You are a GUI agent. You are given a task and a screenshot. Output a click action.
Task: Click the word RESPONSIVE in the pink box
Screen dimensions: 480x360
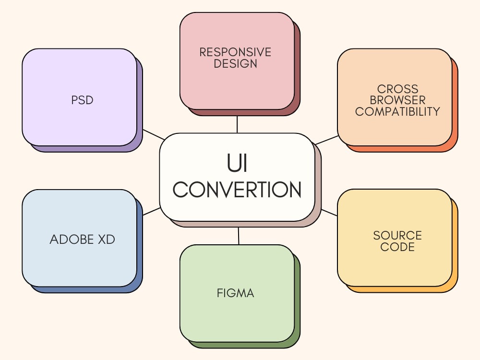[235, 52]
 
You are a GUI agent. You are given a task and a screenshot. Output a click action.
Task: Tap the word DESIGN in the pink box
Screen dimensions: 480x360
[235, 64]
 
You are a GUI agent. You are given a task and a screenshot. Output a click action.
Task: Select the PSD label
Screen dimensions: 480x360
[82, 100]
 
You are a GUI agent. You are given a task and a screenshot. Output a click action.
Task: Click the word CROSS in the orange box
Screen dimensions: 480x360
[397, 89]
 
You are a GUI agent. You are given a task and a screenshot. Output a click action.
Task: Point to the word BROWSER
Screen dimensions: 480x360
[397, 100]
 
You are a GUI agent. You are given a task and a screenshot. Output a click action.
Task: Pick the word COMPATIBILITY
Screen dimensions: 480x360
[397, 111]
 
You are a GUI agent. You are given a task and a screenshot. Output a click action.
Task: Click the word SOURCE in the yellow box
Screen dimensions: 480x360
[397, 235]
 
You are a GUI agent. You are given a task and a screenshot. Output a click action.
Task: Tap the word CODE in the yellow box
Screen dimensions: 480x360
[397, 247]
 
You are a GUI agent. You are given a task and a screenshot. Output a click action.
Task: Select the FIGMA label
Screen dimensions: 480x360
[235, 293]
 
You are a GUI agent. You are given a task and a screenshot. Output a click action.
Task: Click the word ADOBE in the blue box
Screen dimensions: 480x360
[72, 240]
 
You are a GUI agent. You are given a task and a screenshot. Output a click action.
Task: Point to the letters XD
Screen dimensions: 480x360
[106, 240]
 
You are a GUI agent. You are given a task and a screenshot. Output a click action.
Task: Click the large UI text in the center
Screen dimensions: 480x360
[237, 163]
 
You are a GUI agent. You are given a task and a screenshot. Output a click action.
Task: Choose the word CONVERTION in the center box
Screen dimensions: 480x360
[237, 190]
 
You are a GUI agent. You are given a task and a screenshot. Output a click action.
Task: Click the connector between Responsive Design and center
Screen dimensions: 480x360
[237, 124]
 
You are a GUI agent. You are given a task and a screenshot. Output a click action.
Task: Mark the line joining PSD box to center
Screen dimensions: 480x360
[154, 134]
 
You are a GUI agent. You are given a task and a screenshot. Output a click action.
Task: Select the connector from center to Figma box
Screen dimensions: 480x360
[239, 236]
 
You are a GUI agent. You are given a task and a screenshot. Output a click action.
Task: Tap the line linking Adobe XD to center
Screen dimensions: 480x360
[152, 211]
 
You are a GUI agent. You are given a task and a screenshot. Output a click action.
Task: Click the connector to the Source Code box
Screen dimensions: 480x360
[329, 213]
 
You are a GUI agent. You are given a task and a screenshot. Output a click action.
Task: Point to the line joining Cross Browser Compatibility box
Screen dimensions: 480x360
[326, 140]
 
